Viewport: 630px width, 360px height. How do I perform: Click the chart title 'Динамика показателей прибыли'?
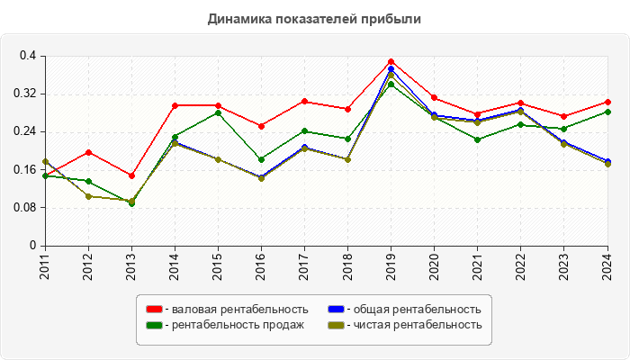[314, 18]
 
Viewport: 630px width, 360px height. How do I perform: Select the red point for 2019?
[391, 62]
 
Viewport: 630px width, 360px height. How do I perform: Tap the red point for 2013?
[131, 175]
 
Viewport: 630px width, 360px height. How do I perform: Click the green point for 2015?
[218, 112]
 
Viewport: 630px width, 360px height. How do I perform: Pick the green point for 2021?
[477, 139]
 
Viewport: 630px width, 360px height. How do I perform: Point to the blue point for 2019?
[391, 68]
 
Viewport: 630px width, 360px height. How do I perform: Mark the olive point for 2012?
[88, 196]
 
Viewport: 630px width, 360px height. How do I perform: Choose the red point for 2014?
[175, 105]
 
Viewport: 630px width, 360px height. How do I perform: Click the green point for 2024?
[607, 112]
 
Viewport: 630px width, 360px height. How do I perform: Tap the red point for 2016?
[261, 126]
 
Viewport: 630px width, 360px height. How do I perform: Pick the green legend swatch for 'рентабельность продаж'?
[154, 325]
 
